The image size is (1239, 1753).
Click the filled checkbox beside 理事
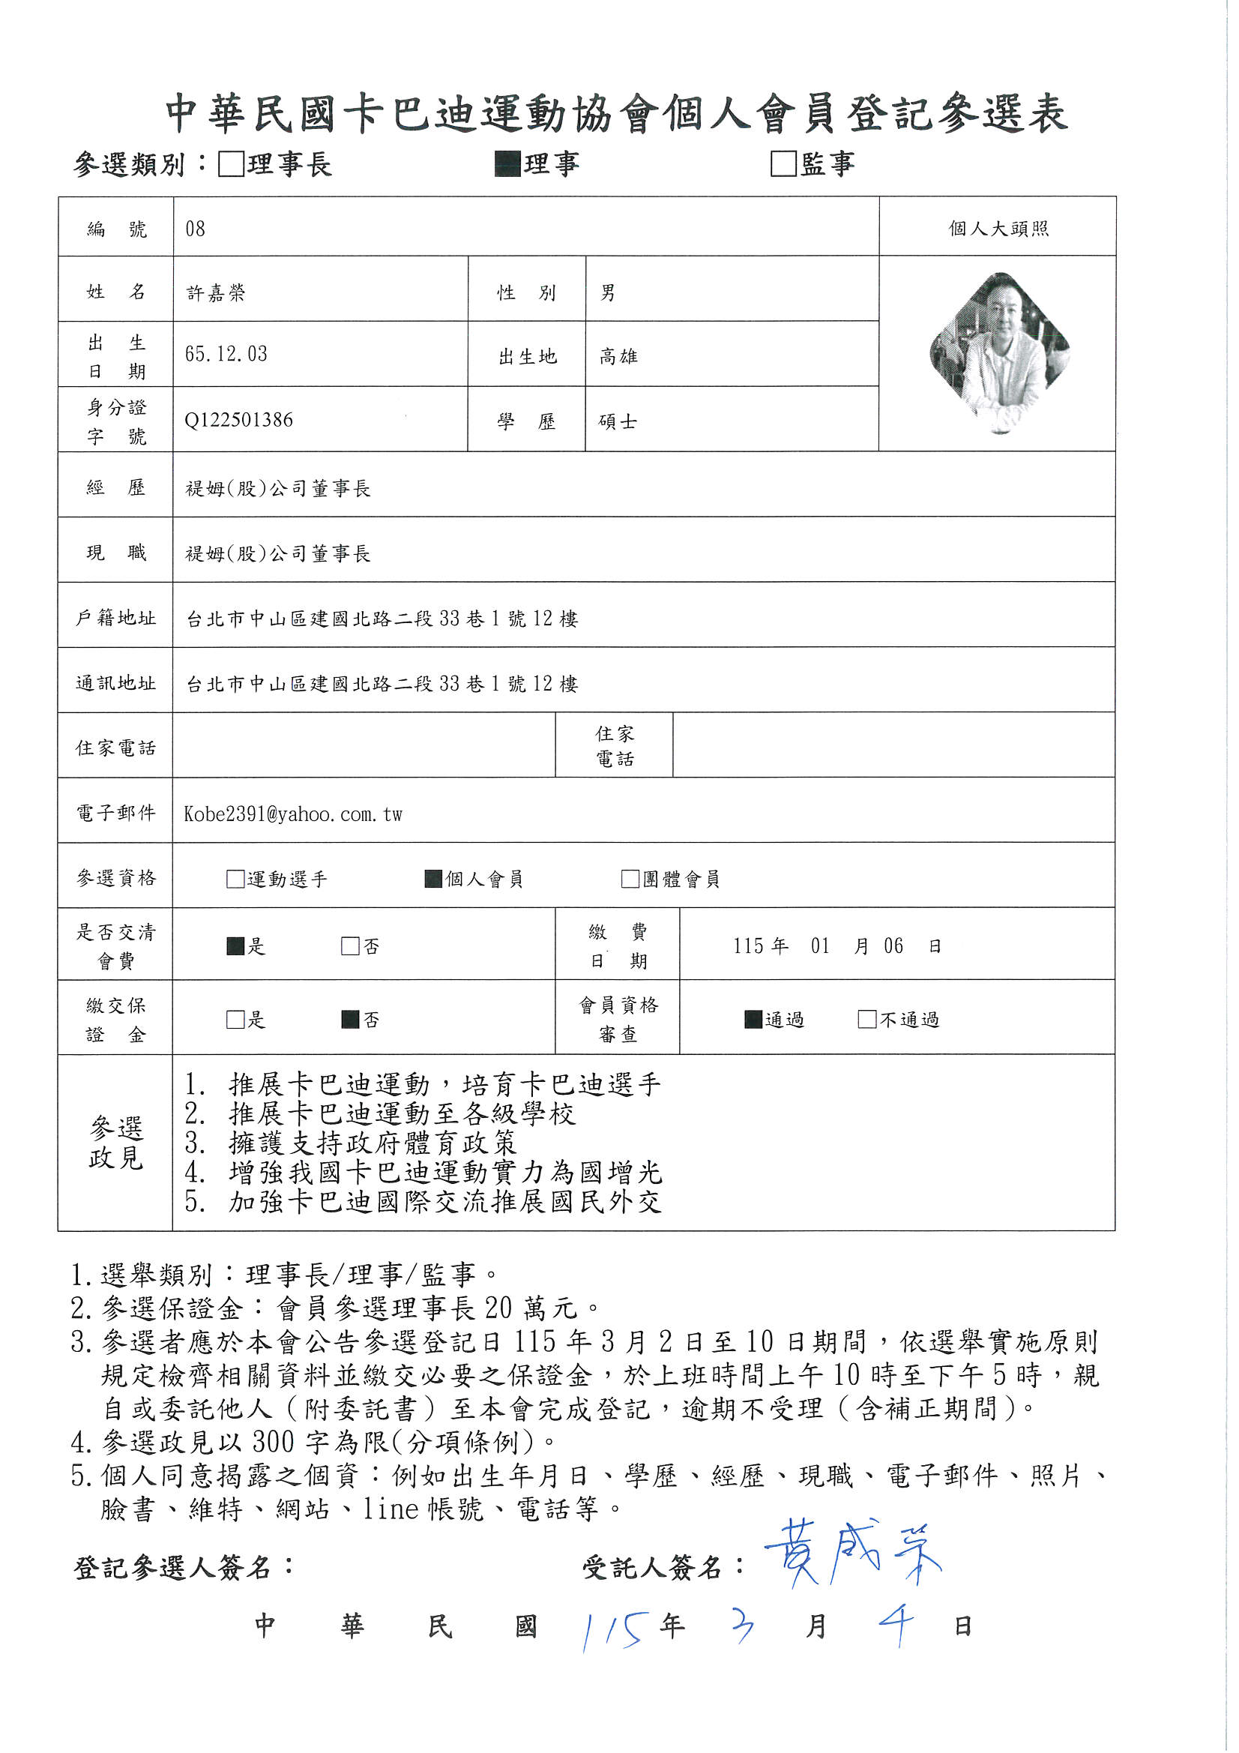point(507,164)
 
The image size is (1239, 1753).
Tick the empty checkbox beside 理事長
point(231,164)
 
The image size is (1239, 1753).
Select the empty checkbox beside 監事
point(783,164)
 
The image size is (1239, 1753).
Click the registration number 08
point(196,229)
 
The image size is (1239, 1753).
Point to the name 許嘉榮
point(216,293)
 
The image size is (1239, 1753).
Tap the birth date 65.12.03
point(226,354)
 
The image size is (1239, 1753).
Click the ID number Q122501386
point(239,420)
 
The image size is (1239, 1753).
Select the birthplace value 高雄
point(618,357)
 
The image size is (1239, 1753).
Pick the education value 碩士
point(618,421)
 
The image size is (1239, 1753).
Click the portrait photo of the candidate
point(999,352)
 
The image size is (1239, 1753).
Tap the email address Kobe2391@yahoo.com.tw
point(293,814)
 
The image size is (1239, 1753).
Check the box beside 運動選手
point(235,879)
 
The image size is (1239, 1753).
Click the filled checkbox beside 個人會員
point(433,879)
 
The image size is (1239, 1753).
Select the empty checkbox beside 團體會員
point(630,879)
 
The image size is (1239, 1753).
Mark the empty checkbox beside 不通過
point(867,1019)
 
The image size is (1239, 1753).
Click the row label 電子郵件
point(116,813)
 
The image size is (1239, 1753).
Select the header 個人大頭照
point(998,228)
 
